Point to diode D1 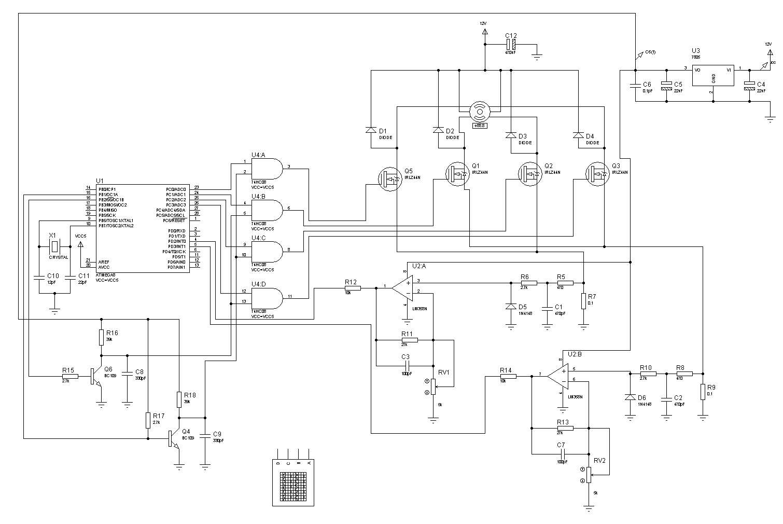371,130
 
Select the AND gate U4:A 268,169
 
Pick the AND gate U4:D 268,298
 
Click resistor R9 703,392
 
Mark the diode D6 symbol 630,397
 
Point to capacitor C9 205,434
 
